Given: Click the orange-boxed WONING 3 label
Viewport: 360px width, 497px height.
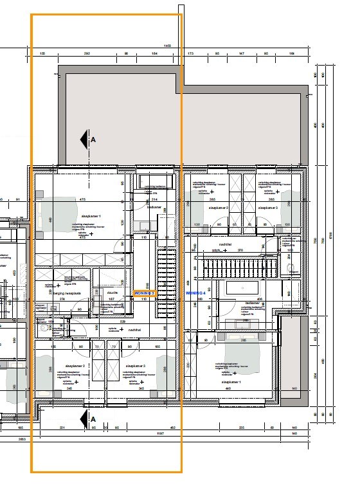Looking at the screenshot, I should pyautogui.click(x=144, y=293).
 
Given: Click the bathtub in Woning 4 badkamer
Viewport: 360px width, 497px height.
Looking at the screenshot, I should pyautogui.click(x=244, y=287).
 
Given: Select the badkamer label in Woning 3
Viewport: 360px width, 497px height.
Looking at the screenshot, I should pyautogui.click(x=154, y=208).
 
